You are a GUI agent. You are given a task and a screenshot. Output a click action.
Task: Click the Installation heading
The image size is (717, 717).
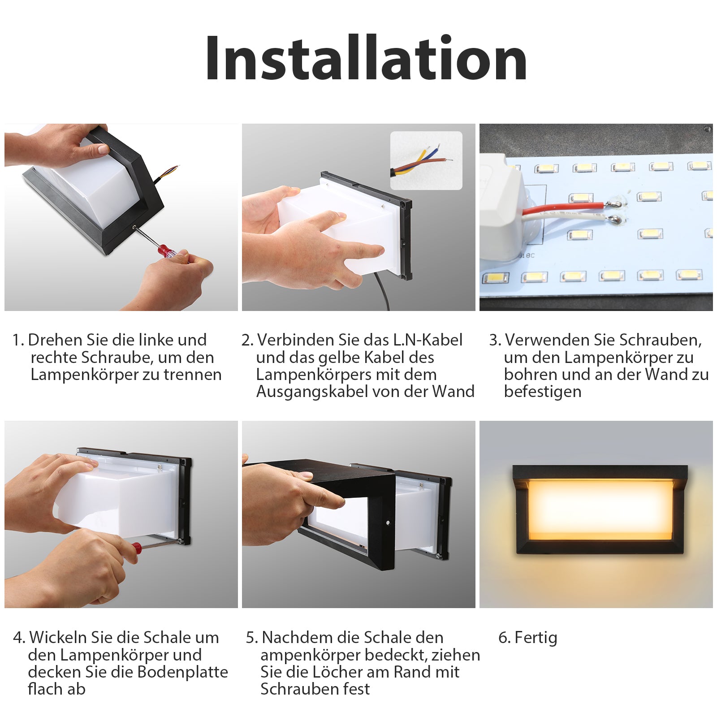(366, 58)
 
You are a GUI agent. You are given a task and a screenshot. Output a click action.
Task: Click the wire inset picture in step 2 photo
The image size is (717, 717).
(426, 160)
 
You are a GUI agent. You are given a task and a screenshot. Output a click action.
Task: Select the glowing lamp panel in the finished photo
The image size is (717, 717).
(600, 510)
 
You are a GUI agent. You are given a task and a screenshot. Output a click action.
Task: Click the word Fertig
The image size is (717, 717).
(536, 638)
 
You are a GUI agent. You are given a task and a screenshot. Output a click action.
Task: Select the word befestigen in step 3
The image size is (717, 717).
(543, 392)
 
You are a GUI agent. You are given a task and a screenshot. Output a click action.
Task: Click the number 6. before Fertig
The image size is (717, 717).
(505, 638)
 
